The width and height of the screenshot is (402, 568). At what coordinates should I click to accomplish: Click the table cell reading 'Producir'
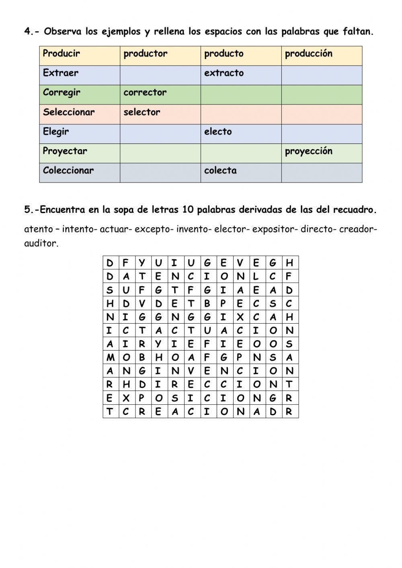(x=62, y=53)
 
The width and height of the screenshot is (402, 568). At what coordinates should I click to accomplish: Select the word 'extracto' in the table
(x=224, y=73)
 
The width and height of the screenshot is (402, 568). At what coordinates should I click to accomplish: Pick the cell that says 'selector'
(x=142, y=112)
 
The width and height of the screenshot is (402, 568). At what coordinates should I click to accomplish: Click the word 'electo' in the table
(x=218, y=131)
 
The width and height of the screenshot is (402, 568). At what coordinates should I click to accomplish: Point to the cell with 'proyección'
(x=308, y=151)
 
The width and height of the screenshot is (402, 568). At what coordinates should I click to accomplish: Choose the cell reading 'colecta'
(x=220, y=170)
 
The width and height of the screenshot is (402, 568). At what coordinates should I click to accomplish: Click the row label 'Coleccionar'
(x=68, y=170)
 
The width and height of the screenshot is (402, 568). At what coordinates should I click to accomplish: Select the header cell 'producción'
(x=308, y=53)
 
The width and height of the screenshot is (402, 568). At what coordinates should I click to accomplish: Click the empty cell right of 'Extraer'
(x=160, y=75)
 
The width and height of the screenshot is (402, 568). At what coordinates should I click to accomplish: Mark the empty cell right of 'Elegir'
(x=160, y=134)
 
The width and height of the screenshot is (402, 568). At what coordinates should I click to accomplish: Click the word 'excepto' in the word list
(x=152, y=230)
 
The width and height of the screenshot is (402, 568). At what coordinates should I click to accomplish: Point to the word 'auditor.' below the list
(x=41, y=243)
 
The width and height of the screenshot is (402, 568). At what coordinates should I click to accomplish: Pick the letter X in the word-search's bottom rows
(x=126, y=398)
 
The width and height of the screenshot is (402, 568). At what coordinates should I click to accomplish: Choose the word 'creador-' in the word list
(x=358, y=230)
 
